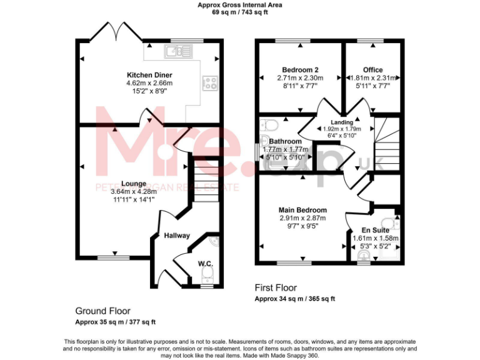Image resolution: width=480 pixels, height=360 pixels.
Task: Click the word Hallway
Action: click(177, 236)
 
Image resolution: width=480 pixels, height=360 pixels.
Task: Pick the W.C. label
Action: click(205, 263)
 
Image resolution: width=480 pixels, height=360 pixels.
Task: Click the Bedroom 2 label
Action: click(300, 69)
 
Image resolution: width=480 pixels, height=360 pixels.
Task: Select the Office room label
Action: click(373, 69)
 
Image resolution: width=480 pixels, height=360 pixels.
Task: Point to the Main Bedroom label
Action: click(302, 210)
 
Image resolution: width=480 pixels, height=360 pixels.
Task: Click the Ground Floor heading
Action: click(102, 311)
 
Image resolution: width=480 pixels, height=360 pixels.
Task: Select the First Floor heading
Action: click(276, 288)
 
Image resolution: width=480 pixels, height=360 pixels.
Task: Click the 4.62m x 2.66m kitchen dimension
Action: click(149, 82)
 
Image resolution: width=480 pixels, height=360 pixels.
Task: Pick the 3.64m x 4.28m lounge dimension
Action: click(132, 192)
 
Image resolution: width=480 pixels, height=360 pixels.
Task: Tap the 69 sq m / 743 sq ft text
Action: click(239, 11)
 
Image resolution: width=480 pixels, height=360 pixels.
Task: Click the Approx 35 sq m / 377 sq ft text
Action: click(115, 322)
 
